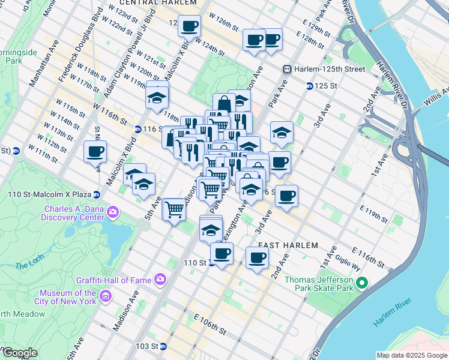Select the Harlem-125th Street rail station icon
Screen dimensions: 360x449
click(288, 69)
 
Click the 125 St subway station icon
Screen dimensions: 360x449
click(309, 86)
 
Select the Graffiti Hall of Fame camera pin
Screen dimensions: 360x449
click(160, 279)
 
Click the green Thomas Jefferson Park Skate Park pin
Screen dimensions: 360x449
click(361, 283)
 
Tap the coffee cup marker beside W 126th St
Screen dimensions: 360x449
click(190, 26)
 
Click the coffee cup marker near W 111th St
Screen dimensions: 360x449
click(95, 151)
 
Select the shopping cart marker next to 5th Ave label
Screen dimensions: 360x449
click(174, 210)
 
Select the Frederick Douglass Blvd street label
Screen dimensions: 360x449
click(79, 43)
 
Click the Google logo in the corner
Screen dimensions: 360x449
click(19, 353)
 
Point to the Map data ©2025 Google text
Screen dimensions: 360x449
click(411, 355)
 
